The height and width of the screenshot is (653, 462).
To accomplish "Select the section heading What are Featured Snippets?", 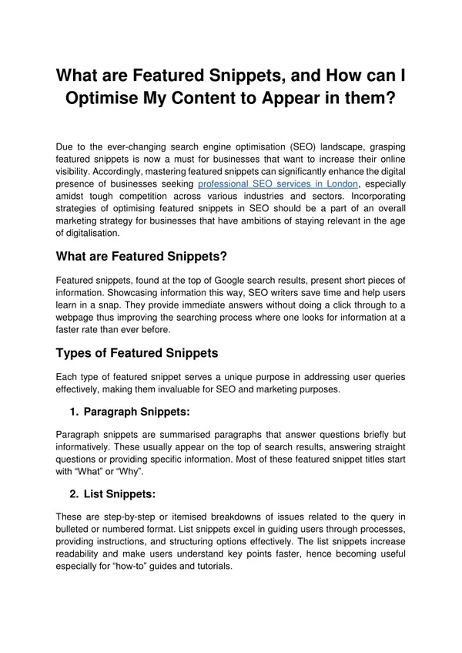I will point(142,256).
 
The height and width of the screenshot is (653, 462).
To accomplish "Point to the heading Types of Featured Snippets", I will point(137,353).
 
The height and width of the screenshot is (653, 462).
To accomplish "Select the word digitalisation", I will point(89,233).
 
